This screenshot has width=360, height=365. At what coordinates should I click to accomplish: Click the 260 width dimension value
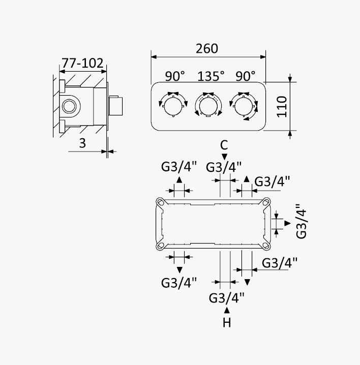[x=207, y=49]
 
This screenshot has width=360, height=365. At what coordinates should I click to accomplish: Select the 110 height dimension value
[x=282, y=107]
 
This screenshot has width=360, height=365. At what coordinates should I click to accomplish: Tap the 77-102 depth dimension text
[x=82, y=64]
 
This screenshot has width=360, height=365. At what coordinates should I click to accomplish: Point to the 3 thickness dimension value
[x=82, y=143]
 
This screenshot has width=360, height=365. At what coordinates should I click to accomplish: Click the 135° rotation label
[x=211, y=76]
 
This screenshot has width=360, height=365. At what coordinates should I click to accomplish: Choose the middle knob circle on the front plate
[x=208, y=106]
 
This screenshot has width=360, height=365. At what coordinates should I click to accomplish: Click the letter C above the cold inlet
[x=224, y=145]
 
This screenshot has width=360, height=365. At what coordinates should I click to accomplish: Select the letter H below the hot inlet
[x=227, y=323]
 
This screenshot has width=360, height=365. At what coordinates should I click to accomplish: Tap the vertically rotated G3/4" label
[x=302, y=221]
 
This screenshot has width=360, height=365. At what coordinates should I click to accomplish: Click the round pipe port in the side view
[x=69, y=106]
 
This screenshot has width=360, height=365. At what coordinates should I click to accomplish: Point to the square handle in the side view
[x=116, y=106]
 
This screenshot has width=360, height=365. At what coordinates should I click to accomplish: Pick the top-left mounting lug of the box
[x=160, y=202]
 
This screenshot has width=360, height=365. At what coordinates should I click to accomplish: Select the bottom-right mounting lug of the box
[x=266, y=246]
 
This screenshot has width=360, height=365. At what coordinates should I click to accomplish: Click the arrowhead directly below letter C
[x=224, y=157]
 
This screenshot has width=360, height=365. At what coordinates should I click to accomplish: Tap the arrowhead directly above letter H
[x=227, y=310]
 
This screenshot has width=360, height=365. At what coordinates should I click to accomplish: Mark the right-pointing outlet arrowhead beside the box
[x=288, y=223]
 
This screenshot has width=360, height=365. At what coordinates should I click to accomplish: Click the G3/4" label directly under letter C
[x=224, y=167]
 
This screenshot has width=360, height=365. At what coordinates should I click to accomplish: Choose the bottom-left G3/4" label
[x=179, y=283]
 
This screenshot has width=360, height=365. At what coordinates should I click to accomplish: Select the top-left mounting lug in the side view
[x=62, y=86]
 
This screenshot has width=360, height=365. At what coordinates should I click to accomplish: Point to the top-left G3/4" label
[x=179, y=167]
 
